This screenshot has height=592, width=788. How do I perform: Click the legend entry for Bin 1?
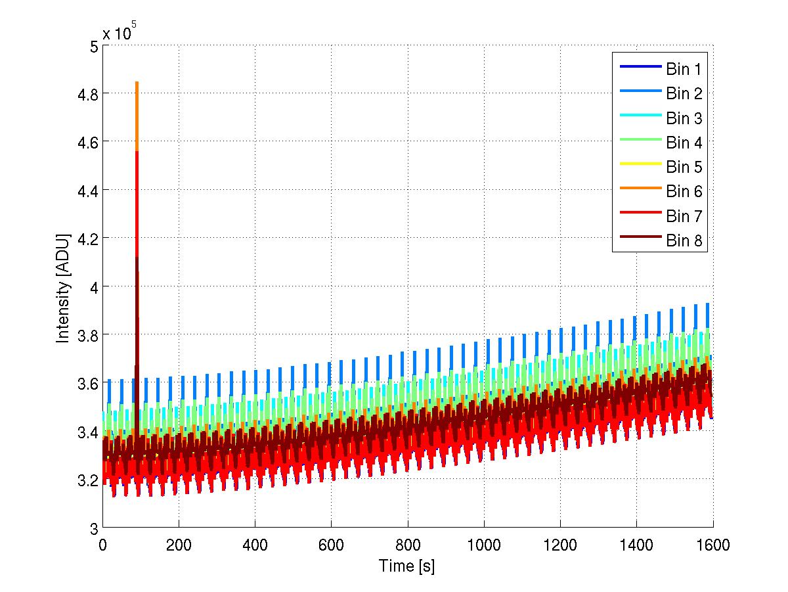tap(684, 69)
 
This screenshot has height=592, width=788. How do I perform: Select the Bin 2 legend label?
tap(684, 93)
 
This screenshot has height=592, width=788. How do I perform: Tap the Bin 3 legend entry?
tap(684, 118)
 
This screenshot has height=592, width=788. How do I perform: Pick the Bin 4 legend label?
tap(684, 143)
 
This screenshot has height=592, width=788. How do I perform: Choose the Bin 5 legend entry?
tap(684, 167)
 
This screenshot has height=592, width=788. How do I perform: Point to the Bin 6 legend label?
tap(684, 191)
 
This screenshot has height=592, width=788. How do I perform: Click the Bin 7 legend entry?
tap(684, 216)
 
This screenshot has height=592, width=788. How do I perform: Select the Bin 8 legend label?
tap(684, 241)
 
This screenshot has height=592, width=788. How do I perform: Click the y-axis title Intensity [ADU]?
tap(63, 287)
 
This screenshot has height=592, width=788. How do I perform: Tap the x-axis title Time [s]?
tap(406, 566)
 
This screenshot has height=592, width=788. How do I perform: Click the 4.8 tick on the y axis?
tap(87, 94)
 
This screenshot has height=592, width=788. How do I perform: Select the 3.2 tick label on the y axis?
tap(87, 480)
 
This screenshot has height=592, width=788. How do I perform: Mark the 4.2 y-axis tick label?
tap(87, 239)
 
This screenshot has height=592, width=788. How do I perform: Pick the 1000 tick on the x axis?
tap(484, 544)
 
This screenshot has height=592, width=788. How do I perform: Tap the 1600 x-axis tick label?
tap(712, 544)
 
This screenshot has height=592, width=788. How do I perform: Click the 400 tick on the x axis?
tap(255, 544)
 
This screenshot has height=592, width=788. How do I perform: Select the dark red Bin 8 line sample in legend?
tap(639, 240)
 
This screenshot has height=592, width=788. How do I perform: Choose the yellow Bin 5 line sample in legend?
tap(639, 167)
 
